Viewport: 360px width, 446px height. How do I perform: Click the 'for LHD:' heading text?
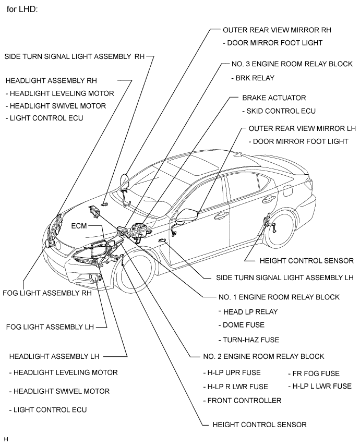click(x=22, y=10)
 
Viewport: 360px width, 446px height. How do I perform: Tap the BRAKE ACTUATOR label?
click(x=274, y=98)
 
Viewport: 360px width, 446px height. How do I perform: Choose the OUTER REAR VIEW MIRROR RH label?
click(x=277, y=30)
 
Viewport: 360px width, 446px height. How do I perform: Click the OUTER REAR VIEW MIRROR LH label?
click(x=302, y=128)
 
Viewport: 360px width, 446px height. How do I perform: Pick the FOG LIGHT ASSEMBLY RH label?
click(x=47, y=293)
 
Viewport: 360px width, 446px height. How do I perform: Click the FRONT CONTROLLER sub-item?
click(x=242, y=400)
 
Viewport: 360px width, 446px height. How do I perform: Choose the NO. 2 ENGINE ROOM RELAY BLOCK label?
click(x=263, y=356)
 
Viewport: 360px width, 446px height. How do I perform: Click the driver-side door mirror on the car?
click(x=186, y=214)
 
